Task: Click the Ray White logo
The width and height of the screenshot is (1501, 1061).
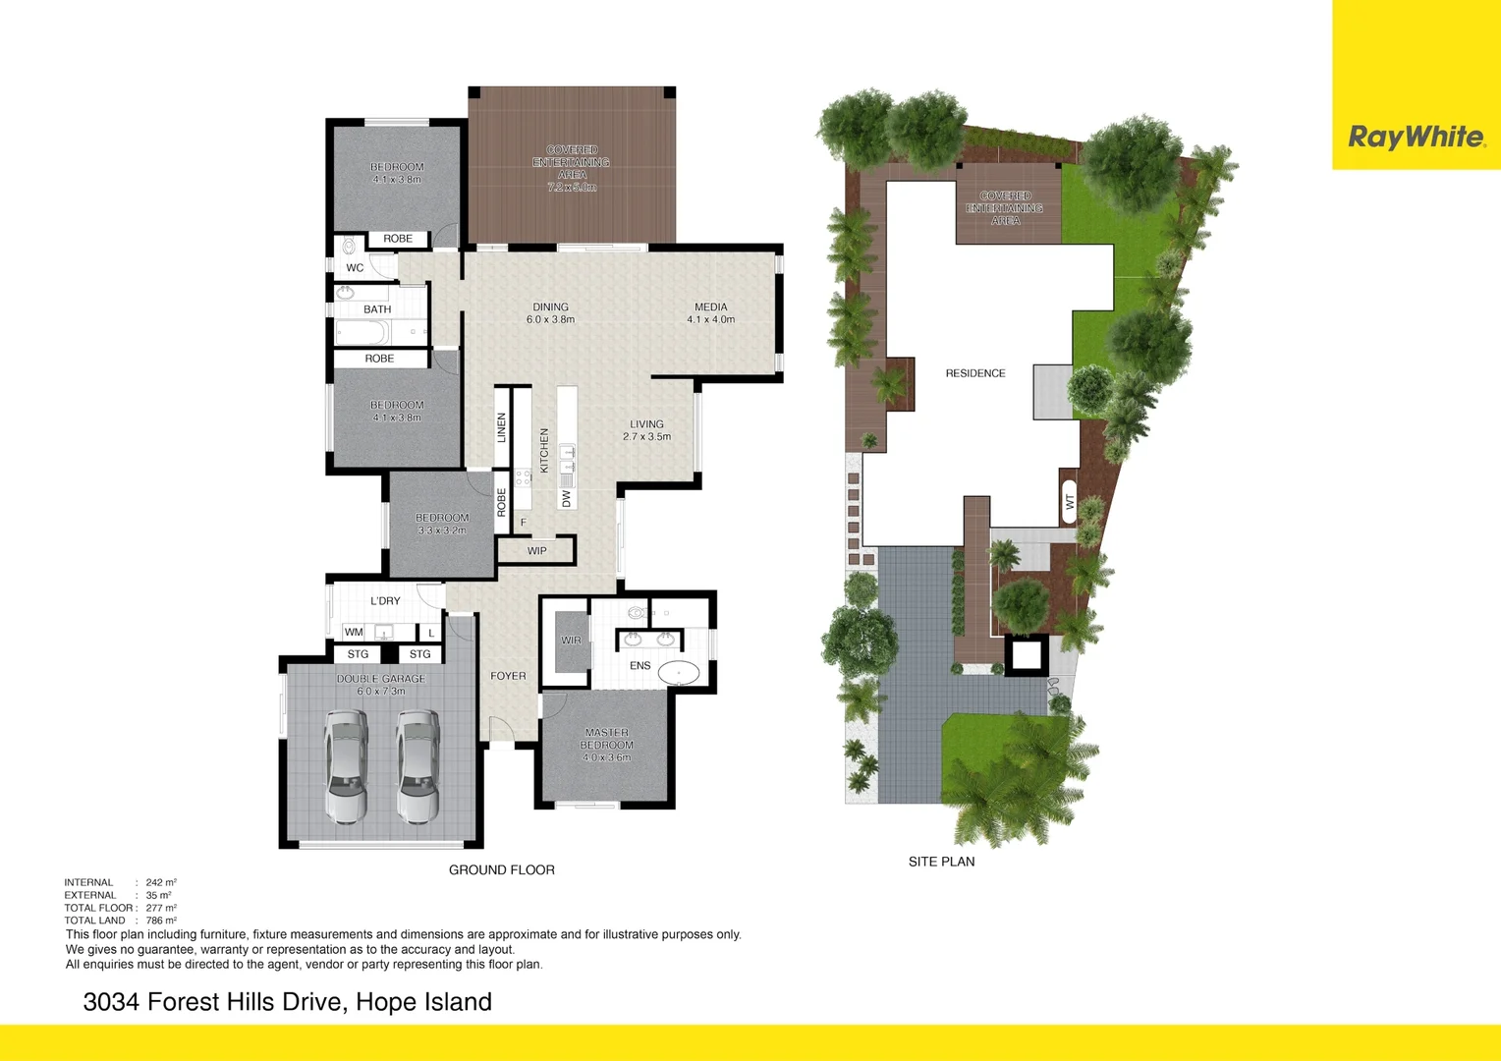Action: tap(1416, 137)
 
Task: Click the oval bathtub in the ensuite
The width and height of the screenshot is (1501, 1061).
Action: tap(679, 673)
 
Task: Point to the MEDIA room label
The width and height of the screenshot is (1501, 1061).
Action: tap(711, 307)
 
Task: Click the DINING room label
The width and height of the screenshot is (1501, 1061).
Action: tap(550, 307)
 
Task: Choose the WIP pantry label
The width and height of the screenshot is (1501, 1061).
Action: tap(536, 551)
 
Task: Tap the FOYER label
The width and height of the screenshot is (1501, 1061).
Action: tap(508, 676)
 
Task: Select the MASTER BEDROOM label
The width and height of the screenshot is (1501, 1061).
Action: tap(606, 739)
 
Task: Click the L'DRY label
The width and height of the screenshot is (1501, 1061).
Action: tap(385, 601)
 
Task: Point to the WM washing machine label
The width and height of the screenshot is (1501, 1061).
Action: tap(354, 633)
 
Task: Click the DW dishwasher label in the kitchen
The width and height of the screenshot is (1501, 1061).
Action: tap(567, 499)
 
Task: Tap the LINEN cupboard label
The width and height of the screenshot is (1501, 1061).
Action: tap(502, 427)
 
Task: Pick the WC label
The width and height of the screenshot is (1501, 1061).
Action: tap(355, 268)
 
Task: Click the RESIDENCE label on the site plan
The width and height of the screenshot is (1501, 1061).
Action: tap(975, 373)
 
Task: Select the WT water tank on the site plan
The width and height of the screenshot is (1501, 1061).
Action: tap(1070, 502)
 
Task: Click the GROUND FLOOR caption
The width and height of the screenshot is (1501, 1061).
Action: tap(501, 870)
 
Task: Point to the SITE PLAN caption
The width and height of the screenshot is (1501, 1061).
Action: tap(941, 862)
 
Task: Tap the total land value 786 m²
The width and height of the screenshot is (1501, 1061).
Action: tap(161, 921)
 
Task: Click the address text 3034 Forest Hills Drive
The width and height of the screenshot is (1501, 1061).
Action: tap(287, 1002)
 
